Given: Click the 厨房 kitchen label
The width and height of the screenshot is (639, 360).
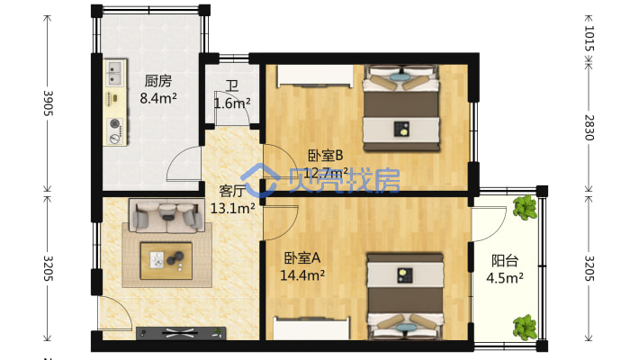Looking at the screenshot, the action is click(x=158, y=81).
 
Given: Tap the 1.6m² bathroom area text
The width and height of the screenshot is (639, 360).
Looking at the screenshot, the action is click(x=232, y=103).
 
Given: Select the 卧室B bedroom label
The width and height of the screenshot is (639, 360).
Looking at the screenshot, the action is click(x=325, y=156).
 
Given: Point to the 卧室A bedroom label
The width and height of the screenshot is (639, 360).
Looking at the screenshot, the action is click(x=302, y=258).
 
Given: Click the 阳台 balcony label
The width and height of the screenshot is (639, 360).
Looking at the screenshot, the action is click(x=505, y=260).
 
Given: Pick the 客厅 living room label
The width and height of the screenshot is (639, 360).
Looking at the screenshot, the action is click(x=233, y=191).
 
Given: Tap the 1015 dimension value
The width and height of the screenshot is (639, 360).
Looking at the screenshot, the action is click(x=589, y=39).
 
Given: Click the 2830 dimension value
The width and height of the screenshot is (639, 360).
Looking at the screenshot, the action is click(x=589, y=128).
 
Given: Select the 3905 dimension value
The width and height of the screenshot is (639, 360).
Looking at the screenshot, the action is click(x=49, y=103).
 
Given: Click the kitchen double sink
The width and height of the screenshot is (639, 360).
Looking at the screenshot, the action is click(x=114, y=73).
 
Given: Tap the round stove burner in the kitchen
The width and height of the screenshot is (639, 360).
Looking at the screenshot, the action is click(x=115, y=122).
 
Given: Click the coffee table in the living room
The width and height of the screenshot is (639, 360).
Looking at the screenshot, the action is click(x=166, y=260).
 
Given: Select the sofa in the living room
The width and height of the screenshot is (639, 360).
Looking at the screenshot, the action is click(x=166, y=216).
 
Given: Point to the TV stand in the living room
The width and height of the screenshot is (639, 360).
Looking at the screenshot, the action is click(x=181, y=333).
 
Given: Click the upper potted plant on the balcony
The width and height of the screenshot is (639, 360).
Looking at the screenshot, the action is click(x=526, y=208).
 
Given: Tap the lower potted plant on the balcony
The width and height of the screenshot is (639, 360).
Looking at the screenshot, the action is click(x=526, y=327).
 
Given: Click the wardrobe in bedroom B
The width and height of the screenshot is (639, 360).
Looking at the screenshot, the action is click(x=315, y=76).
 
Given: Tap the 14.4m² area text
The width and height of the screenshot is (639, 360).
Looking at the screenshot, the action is click(x=302, y=275).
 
